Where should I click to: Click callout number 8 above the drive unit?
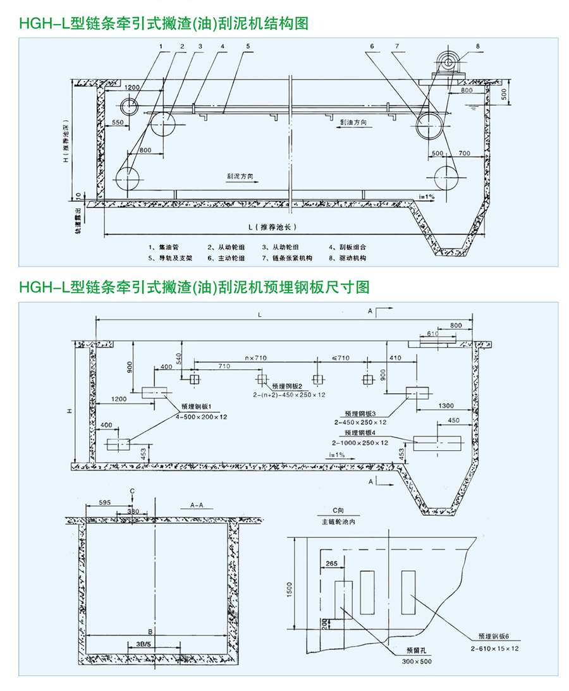tap(478, 46)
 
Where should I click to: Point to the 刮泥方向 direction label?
tap(241, 176)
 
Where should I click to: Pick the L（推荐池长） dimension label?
tap(272, 226)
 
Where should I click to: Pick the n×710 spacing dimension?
tap(255, 358)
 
